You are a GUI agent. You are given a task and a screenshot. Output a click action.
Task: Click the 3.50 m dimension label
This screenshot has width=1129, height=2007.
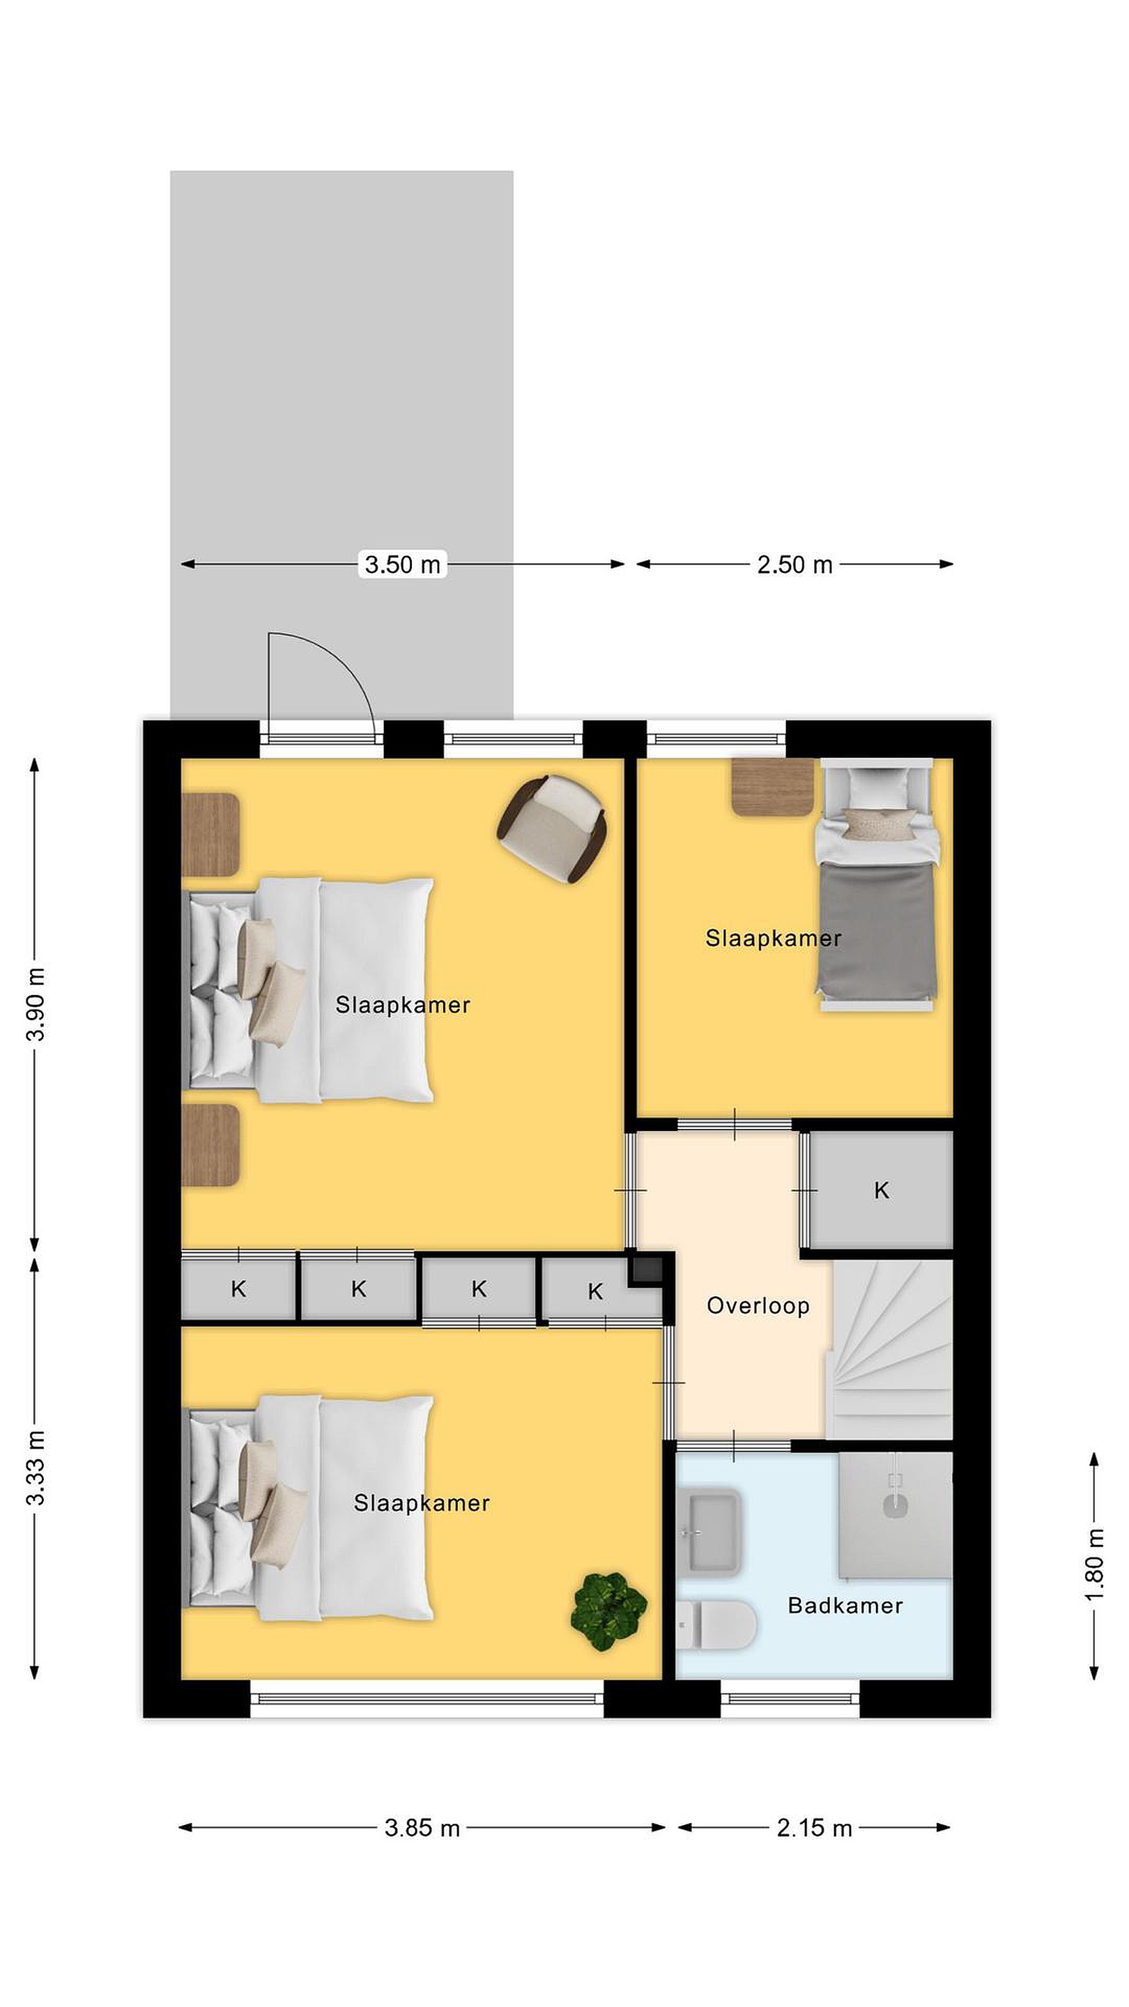point(402,564)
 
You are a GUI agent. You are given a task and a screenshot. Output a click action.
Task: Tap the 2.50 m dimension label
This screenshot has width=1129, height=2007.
point(794,564)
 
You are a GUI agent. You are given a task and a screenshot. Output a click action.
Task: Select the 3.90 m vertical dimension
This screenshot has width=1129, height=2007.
point(35,1004)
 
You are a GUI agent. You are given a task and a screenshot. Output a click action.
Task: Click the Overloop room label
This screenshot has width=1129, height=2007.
point(758,1306)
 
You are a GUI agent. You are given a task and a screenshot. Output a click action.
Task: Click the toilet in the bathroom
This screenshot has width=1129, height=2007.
point(715,1624)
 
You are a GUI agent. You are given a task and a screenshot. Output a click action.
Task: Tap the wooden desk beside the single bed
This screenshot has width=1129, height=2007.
point(772,787)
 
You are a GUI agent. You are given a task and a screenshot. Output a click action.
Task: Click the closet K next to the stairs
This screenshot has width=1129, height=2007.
point(881,1190)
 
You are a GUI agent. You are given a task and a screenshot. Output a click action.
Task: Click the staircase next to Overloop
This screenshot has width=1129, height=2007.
point(890,1348)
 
